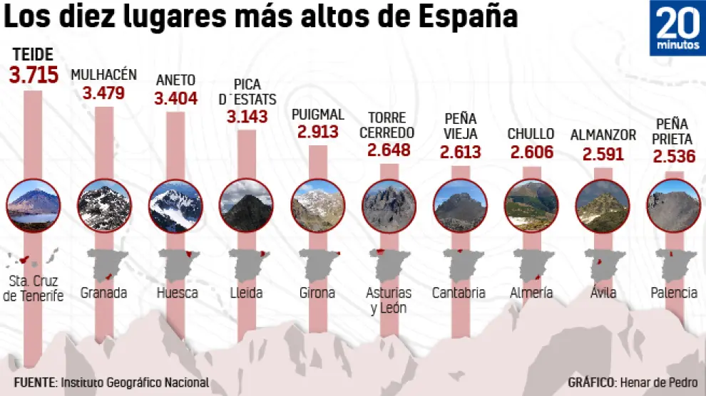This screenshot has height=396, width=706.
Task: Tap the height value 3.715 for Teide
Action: pos(34,75)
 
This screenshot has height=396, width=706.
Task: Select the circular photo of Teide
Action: pos(33,205)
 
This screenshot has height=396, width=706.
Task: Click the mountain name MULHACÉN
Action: pos(103,75)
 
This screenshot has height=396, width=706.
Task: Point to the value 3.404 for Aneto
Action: pos(175,98)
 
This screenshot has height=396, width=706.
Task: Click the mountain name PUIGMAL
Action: pos(318,114)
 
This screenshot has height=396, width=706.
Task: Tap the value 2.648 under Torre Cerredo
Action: pos(389,150)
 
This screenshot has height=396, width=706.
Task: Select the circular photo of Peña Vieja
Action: pos(460,205)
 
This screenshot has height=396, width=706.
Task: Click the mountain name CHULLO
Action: pos(531,133)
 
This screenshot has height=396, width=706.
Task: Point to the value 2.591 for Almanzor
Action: pos(603,154)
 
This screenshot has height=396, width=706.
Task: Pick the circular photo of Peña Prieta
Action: pos(673,205)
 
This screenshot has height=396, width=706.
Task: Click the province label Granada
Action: pos(103,293)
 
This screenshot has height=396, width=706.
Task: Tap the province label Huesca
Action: pos(177,293)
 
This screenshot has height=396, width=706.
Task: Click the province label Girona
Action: pos(317,293)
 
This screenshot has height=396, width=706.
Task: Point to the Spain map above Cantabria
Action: pos(460,264)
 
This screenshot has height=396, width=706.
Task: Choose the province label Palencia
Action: pos(674,293)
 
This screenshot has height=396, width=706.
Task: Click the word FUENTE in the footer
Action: pos(34,382)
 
